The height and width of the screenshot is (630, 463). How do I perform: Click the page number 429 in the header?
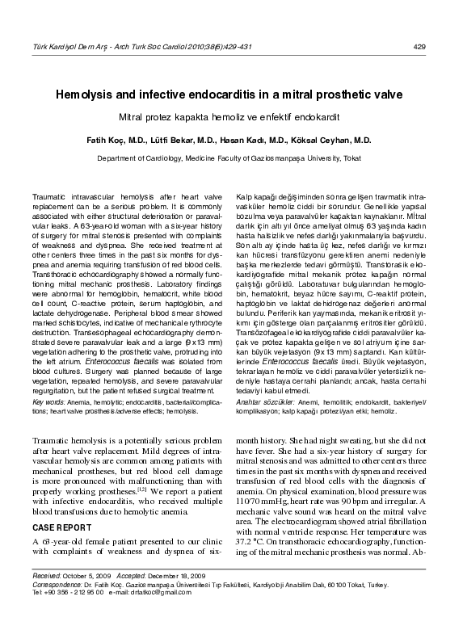coord(419,47)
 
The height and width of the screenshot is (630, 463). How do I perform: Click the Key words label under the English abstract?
coord(48,401)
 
